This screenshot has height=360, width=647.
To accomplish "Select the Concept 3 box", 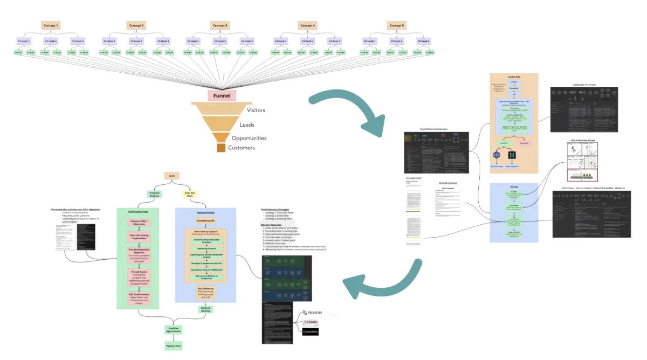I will coord(220,25).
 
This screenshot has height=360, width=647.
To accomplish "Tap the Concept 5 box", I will coord(396,25).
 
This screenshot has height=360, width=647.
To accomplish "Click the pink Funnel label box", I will coord(222,96).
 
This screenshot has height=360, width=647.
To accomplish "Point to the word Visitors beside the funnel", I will coord(256,110).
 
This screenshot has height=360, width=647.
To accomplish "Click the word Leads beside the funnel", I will coord(247,124).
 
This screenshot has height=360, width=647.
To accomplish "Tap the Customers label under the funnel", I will coord(240,148).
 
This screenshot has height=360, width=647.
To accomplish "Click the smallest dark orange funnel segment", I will coord(221,148).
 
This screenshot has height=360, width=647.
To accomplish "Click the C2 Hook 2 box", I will coord(135,41).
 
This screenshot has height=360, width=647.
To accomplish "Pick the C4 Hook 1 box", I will coord(280,41).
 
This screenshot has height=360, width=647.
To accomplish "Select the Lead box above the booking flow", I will coord(171,176).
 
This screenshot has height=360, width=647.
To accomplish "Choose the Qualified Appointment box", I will coord(174,329).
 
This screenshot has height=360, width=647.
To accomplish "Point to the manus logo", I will coord(312,313).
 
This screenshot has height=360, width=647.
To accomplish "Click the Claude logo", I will coord(311,322).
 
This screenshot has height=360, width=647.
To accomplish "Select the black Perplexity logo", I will coord(310,331).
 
